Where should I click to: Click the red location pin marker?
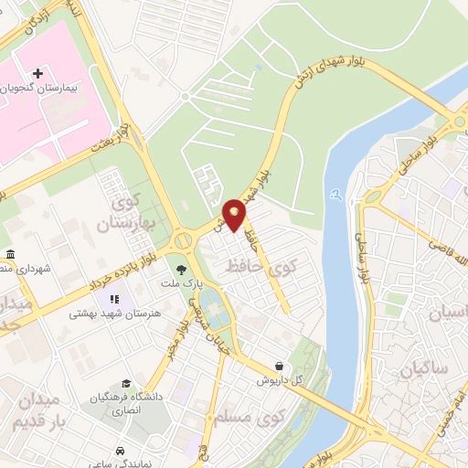coord(235,216)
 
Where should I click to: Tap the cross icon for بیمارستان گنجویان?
coord(37,72)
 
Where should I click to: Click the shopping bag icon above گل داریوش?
coord(291,364)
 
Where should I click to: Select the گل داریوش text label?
coord(278,378)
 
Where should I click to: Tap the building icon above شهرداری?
coord(9,253)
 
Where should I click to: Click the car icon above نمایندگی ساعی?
coord(121,451)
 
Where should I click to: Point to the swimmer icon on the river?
coord(337,194)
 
